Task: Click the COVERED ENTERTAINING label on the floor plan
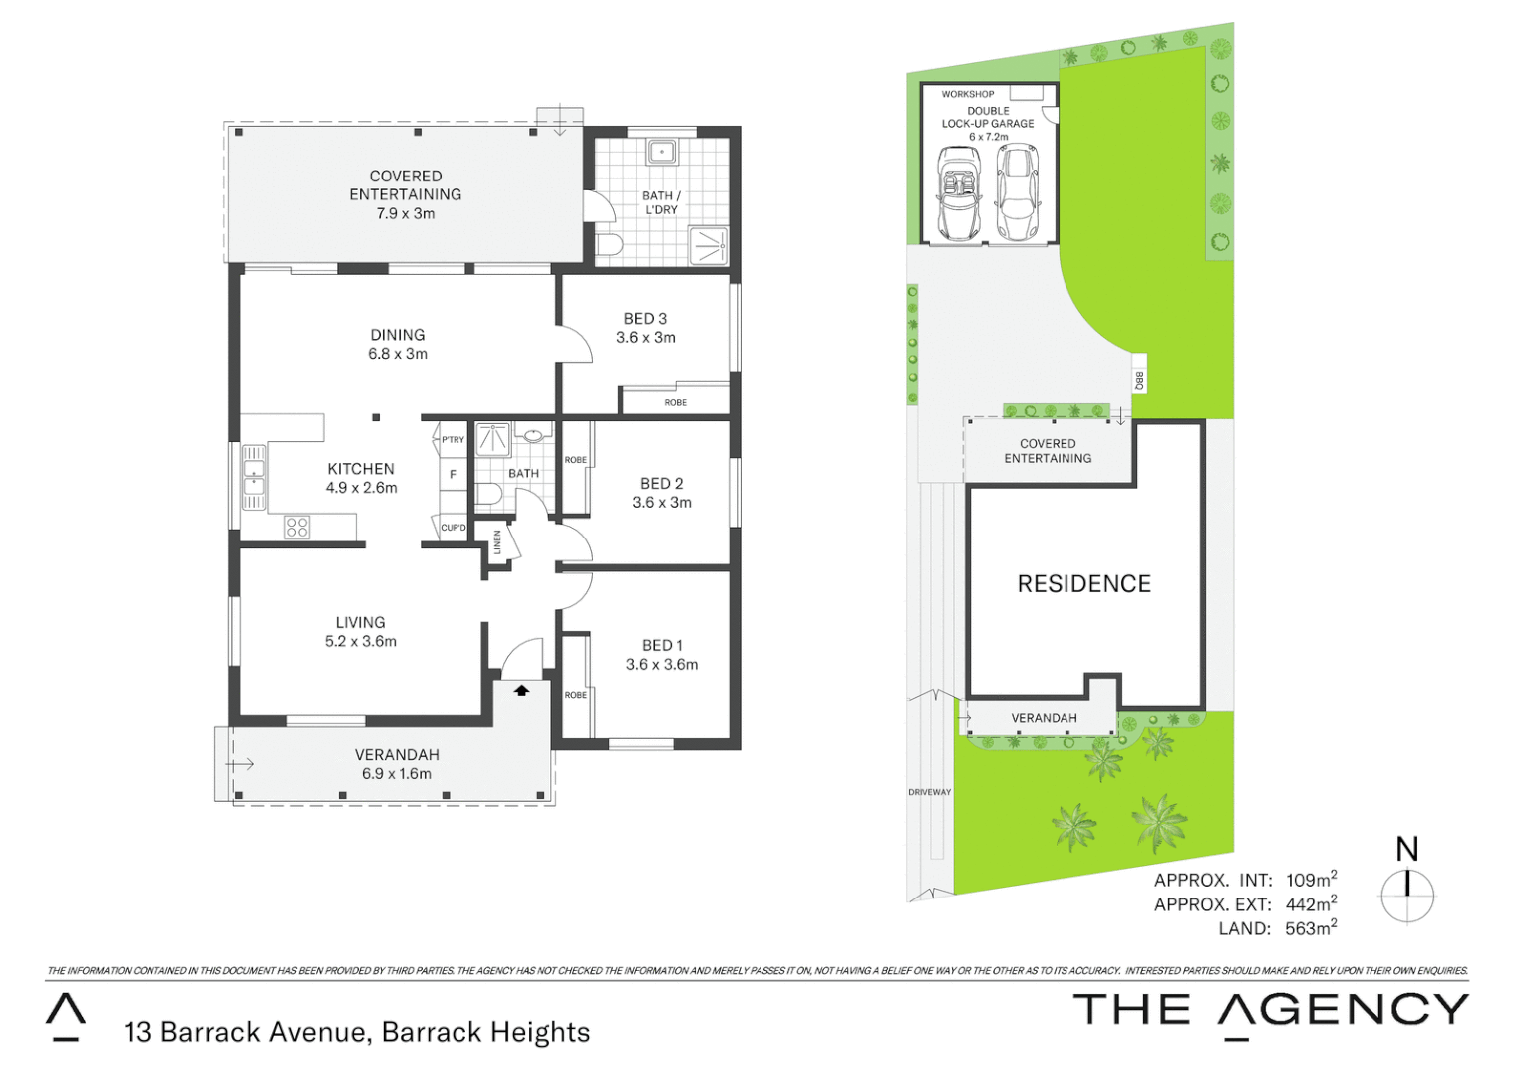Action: pyautogui.click(x=405, y=185)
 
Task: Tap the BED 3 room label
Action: pyautogui.click(x=645, y=319)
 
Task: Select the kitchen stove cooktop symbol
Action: pyautogui.click(x=297, y=527)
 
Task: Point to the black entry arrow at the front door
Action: pyautogui.click(x=521, y=690)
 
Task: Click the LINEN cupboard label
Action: pyautogui.click(x=497, y=542)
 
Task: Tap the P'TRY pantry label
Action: pyautogui.click(x=453, y=440)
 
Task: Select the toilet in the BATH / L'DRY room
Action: pyautogui.click(x=609, y=245)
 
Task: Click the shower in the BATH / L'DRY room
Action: pyautogui.click(x=709, y=245)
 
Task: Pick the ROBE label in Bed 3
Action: pyautogui.click(x=675, y=402)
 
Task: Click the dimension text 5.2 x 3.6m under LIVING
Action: pyautogui.click(x=360, y=641)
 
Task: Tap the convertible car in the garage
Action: pyautogui.click(x=959, y=193)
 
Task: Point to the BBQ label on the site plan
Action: pyautogui.click(x=1139, y=380)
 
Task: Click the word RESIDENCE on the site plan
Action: pyautogui.click(x=1083, y=584)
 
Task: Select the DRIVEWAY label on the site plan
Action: pyautogui.click(x=929, y=792)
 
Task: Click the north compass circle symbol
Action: pyautogui.click(x=1406, y=896)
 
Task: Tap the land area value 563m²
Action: pyautogui.click(x=1310, y=928)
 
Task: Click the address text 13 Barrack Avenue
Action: pyautogui.click(x=244, y=1032)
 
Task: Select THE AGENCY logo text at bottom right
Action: pyautogui.click(x=1270, y=1010)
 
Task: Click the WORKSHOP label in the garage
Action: pyautogui.click(x=967, y=94)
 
